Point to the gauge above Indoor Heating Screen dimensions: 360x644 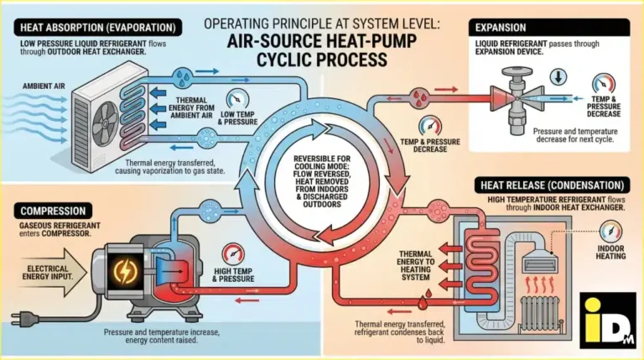pyautogui.click(x=610, y=229)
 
